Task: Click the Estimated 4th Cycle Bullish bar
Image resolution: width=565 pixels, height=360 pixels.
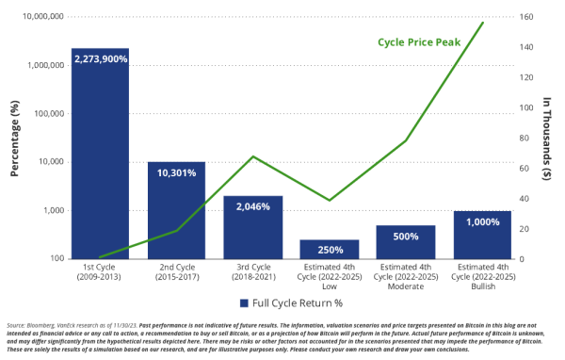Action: [x=481, y=234]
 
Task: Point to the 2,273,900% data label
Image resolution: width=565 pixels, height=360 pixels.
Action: [x=100, y=59]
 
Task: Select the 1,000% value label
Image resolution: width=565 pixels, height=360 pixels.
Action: [x=481, y=221]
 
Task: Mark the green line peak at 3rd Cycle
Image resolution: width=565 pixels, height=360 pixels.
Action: [x=252, y=156]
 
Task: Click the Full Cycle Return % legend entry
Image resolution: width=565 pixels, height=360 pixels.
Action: [x=286, y=303]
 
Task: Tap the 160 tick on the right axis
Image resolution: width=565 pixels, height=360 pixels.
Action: [x=525, y=17]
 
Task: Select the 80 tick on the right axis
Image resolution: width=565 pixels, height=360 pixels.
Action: [x=524, y=138]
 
